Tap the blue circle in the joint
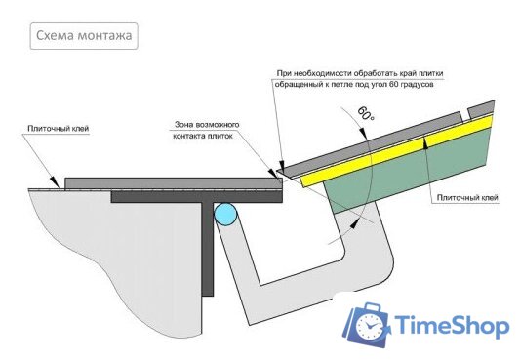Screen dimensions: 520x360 pyautogui.click(x=225, y=214)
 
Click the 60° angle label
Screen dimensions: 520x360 pyautogui.click(x=366, y=114)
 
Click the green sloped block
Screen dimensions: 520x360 pyautogui.click(x=410, y=180)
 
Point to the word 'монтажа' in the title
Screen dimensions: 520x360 pyautogui.click(x=103, y=37)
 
